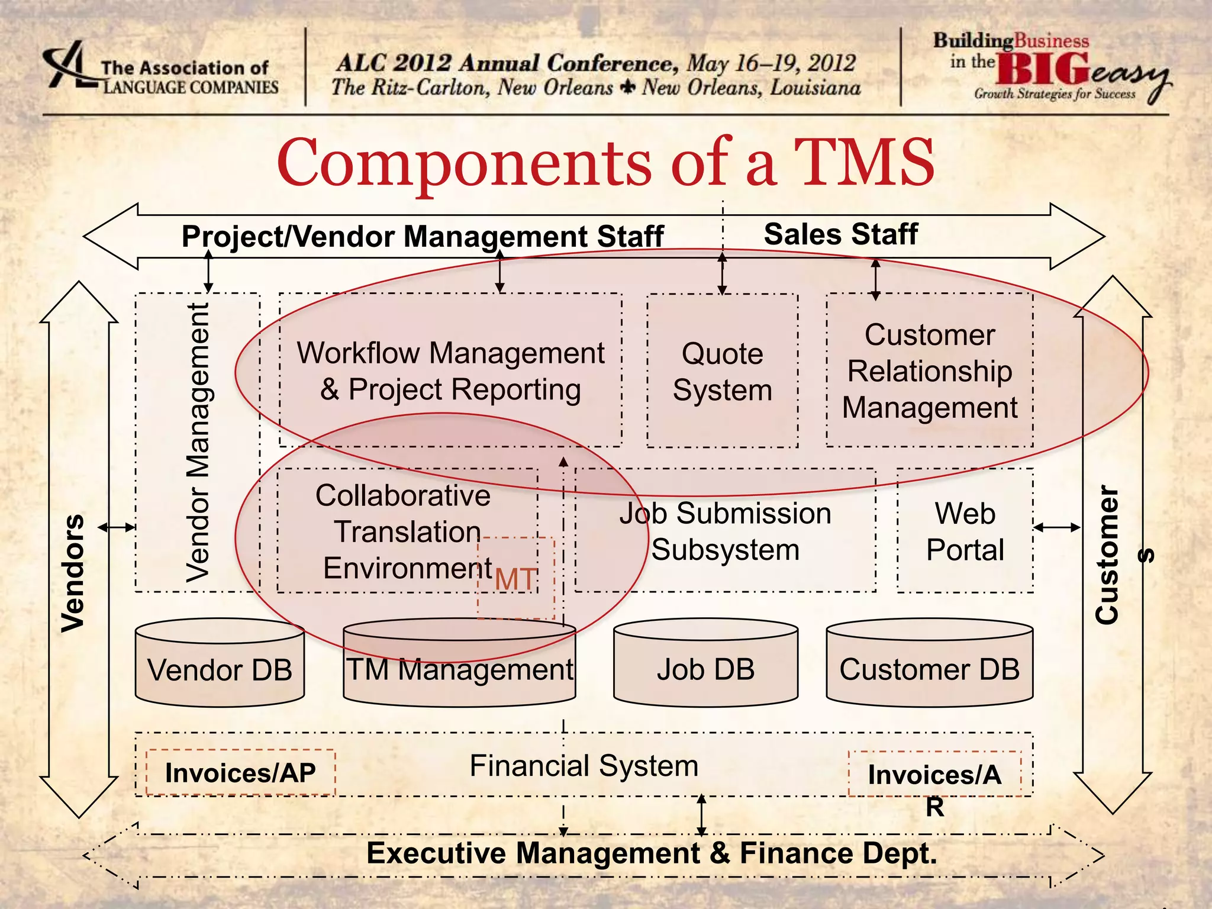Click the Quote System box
(722, 371)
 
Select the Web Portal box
(965, 531)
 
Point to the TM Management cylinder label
(459, 669)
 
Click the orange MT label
(515, 579)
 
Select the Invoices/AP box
(240, 773)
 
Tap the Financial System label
(584, 766)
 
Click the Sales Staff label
(840, 234)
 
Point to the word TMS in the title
(863, 162)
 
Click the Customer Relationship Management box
(929, 371)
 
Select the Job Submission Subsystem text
(725, 531)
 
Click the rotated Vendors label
(73, 573)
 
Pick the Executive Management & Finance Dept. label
(652, 853)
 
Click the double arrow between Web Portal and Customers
(1057, 527)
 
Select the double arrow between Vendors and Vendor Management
(117, 527)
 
